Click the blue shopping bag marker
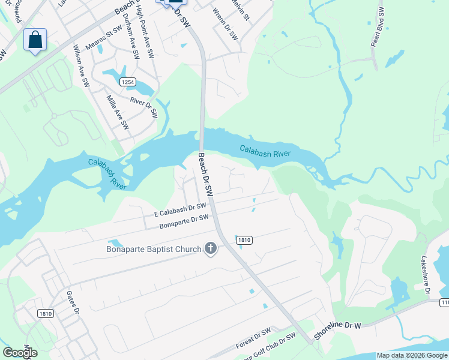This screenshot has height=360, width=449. (x=35, y=40)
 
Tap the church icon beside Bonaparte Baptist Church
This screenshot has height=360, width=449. (x=210, y=248)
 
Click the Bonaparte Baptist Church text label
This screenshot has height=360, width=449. (x=154, y=248)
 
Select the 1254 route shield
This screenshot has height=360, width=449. (x=127, y=81)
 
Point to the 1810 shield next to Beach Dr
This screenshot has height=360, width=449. (x=244, y=239)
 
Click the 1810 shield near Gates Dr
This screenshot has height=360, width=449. (x=45, y=313)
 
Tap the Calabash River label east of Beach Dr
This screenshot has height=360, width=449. (x=265, y=151)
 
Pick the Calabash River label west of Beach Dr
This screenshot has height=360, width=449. (x=107, y=173)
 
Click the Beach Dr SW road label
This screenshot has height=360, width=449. (x=206, y=175)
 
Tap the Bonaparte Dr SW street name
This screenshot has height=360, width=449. (x=183, y=221)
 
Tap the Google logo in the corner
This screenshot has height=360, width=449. (x=20, y=353)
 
